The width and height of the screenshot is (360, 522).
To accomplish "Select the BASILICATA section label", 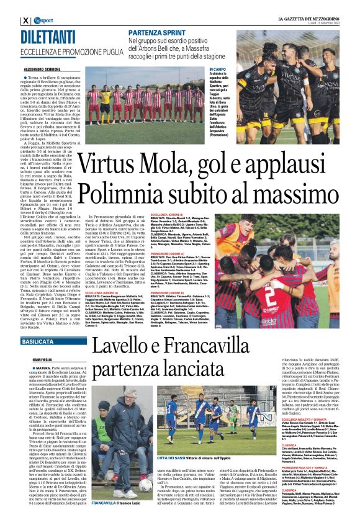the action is point(37,341).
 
